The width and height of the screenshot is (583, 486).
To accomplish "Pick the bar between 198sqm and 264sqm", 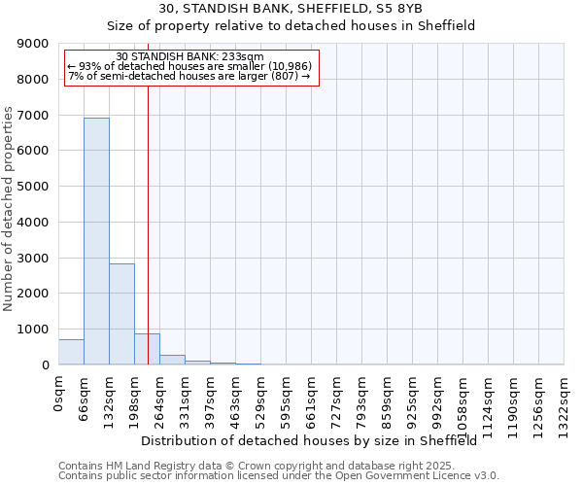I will pyautogui.click(x=147, y=349).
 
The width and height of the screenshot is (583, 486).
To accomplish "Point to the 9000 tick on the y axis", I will pyautogui.click(x=35, y=44).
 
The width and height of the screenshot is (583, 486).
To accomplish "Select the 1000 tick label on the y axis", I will pyautogui.click(x=35, y=330).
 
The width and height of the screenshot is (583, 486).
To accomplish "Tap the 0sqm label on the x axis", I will pyautogui.click(x=59, y=394).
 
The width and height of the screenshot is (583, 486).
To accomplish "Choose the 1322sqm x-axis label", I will pyautogui.click(x=565, y=402).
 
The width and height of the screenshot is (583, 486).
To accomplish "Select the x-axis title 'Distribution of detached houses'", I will pyautogui.click(x=316, y=440).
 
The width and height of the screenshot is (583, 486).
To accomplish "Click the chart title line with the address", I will pyautogui.click(x=291, y=8).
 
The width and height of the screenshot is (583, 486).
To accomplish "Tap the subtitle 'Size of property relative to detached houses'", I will pyautogui.click(x=291, y=26).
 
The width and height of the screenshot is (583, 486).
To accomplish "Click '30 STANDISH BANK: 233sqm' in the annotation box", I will pyautogui.click(x=189, y=57).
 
